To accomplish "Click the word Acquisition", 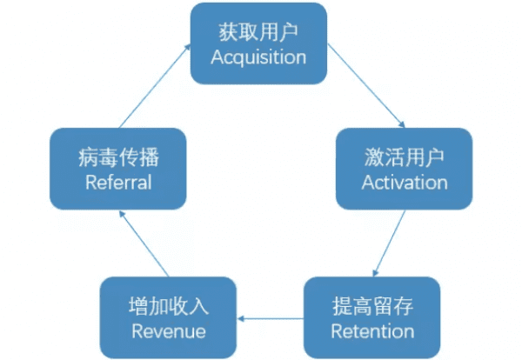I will click(x=258, y=57).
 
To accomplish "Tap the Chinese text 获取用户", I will click(x=258, y=32).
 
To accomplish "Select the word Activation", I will click(x=405, y=183).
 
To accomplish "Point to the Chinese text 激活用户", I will click(x=405, y=158).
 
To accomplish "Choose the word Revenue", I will click(x=168, y=331).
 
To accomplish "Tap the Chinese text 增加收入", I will click(x=168, y=307).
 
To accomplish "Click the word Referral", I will click(x=118, y=183).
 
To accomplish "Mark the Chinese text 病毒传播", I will click(x=118, y=158).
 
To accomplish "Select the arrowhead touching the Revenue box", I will click(x=243, y=319).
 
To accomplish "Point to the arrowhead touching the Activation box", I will click(x=402, y=123).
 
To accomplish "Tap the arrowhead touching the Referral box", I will click(x=121, y=215).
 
